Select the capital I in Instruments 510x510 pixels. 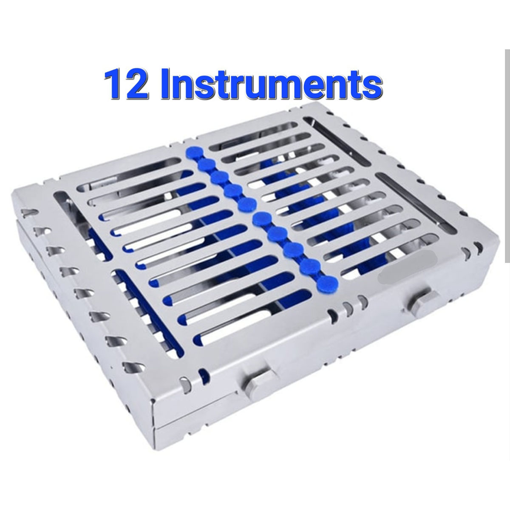pyautogui.click(x=166, y=84)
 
